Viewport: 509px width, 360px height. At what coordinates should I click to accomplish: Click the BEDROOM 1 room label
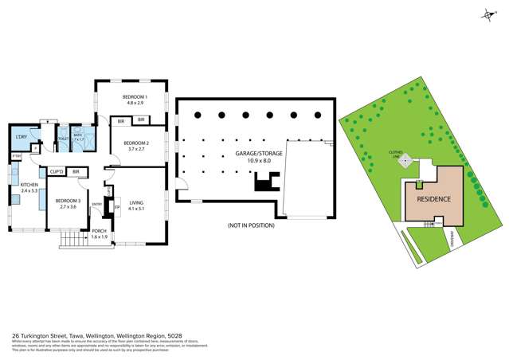point(132,96)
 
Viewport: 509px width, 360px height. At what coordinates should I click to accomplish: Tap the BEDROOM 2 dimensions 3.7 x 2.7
point(132,148)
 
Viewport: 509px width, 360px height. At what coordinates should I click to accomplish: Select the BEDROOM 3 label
point(68,201)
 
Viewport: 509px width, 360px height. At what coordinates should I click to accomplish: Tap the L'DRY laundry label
point(22,138)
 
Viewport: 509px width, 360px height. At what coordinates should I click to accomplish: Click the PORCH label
point(99,233)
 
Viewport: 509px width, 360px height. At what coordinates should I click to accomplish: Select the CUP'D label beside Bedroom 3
point(57,171)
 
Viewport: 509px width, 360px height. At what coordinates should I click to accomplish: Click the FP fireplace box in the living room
point(117,209)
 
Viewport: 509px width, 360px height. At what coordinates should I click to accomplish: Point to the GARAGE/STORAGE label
point(252,153)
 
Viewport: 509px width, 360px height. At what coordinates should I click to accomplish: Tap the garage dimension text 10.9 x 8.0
point(252,161)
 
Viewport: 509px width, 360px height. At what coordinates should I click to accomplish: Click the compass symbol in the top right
point(487,14)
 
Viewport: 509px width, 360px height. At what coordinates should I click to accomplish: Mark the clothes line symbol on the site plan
point(405,162)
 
